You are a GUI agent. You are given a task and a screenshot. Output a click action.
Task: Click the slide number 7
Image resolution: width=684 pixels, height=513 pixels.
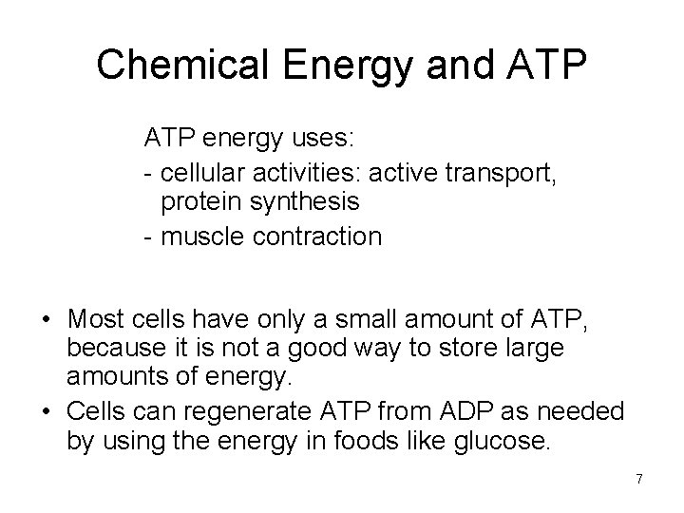639,479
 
